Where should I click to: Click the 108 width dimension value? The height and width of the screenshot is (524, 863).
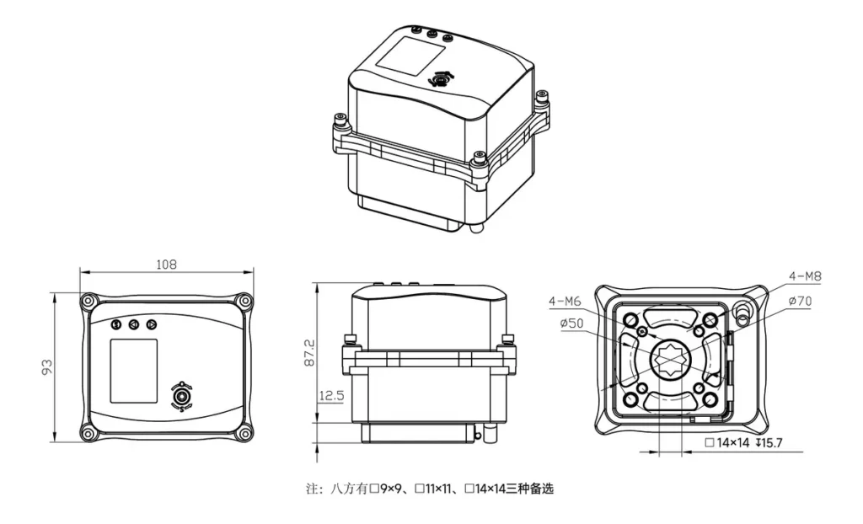(167, 264)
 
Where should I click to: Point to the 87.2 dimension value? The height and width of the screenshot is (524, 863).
(309, 352)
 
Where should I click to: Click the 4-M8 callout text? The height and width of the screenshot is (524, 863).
(805, 275)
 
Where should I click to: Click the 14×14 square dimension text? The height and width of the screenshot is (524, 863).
(730, 442)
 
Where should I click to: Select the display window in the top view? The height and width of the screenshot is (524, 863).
(134, 371)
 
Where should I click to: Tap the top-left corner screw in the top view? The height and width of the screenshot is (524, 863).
(88, 301)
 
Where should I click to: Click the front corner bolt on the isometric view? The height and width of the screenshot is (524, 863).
(480, 158)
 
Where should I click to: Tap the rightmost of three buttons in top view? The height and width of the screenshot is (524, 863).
(151, 324)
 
